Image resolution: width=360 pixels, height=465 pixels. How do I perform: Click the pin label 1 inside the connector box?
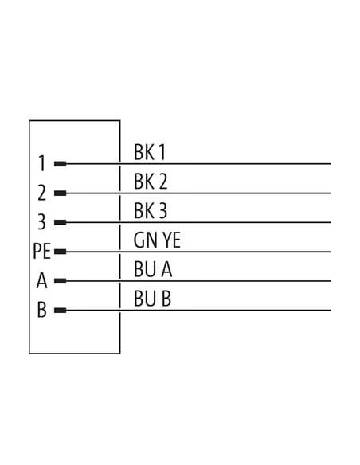click(42, 163)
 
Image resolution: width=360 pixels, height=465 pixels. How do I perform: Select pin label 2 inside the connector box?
click(41, 193)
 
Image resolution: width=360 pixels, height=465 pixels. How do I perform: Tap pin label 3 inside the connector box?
click(41, 222)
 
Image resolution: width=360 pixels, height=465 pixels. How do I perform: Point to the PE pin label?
click(41, 251)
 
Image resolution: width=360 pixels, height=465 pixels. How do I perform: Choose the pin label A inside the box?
click(41, 280)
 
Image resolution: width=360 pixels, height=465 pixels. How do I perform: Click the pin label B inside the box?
click(41, 310)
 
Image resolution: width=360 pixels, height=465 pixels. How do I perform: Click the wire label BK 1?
click(150, 152)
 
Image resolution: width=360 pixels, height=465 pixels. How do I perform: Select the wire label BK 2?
click(151, 182)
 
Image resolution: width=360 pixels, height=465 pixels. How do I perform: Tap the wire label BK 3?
click(151, 210)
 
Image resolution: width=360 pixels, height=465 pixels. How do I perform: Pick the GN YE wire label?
click(157, 240)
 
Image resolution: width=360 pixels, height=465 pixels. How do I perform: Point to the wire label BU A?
click(153, 269)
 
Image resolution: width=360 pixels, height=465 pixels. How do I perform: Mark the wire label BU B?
click(152, 299)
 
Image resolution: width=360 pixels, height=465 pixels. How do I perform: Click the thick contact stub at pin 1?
click(61, 164)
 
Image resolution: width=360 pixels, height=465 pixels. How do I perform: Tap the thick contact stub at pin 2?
click(61, 193)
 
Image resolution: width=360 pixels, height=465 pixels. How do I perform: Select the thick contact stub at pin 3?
click(61, 222)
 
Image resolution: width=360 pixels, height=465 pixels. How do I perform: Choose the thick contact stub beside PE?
click(61, 252)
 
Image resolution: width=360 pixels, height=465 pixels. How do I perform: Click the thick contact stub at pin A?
click(61, 281)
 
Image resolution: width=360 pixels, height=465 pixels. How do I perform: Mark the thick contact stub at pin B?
click(61, 311)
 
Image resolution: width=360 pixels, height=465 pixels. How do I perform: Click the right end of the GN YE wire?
click(331, 252)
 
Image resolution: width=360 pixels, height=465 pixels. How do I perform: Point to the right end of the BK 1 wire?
click(331, 164)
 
